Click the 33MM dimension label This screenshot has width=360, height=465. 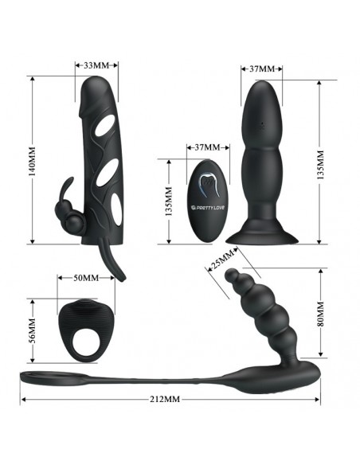click(x=96, y=65)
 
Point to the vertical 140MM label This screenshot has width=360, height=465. click(x=32, y=160)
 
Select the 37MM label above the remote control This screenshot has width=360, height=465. click(x=208, y=147)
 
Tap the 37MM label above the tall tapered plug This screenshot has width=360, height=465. click(x=262, y=68)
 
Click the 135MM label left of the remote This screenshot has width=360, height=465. click(x=168, y=201)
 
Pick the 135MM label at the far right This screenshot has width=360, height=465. click(x=320, y=165)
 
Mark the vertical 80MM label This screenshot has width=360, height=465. click(x=320, y=314)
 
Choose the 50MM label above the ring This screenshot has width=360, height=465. click(x=86, y=278)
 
